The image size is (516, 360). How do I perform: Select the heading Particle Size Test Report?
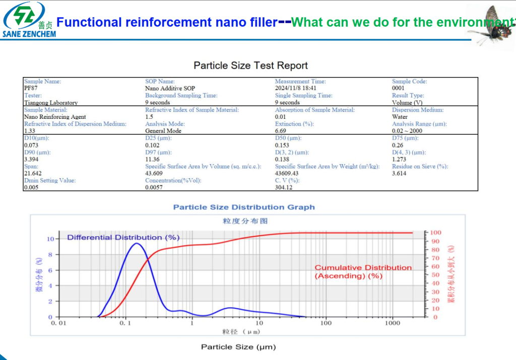click(x=250, y=65)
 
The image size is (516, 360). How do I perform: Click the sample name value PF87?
click(x=31, y=88)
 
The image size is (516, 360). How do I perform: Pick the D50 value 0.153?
click(x=282, y=145)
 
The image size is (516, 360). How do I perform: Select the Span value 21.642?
click(x=33, y=173)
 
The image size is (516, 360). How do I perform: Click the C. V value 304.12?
click(x=284, y=187)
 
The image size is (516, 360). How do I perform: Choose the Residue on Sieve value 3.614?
click(x=399, y=173)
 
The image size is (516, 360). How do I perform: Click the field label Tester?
click(x=33, y=95)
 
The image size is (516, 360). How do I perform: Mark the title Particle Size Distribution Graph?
click(x=244, y=207)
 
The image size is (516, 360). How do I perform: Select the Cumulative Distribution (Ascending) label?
click(x=363, y=271)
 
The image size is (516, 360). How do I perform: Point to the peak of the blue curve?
click(x=136, y=244)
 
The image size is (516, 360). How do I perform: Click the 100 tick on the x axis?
click(x=326, y=323)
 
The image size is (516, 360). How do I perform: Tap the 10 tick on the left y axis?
click(x=50, y=239)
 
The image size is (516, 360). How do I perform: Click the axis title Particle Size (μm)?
click(x=238, y=347)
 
